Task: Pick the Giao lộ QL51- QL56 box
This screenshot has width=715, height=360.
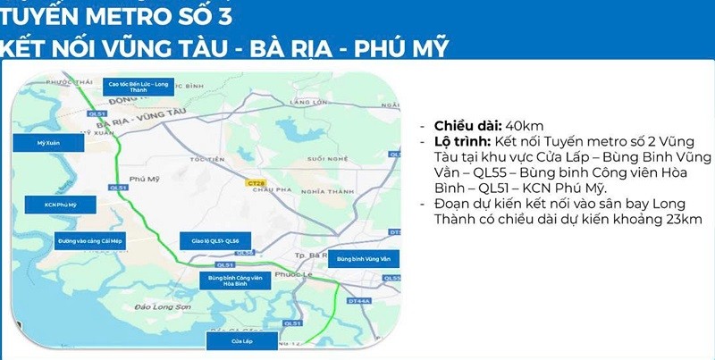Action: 207,242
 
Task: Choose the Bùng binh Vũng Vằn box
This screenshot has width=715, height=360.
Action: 365,260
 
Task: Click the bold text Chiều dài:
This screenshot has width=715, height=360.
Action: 468,126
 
